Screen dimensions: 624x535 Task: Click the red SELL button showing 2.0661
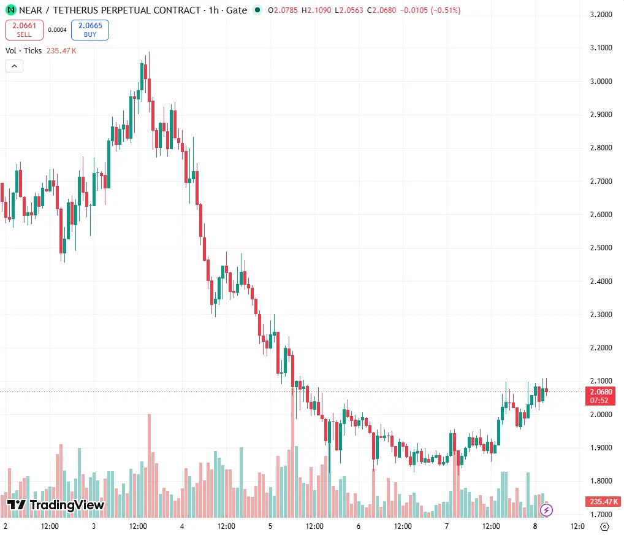[x=25, y=30]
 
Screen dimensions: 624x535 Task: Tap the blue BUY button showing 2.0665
[x=90, y=30]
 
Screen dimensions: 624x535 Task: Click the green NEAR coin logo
[x=11, y=10]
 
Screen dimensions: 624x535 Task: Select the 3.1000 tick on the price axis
[x=601, y=48]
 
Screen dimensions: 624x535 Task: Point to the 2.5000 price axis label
[x=601, y=248]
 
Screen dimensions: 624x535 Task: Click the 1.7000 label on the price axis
[x=601, y=514]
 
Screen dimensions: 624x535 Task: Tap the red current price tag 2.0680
[x=601, y=396]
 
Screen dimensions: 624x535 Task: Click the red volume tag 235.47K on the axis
[x=603, y=501]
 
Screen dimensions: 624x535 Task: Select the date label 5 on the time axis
[x=270, y=526]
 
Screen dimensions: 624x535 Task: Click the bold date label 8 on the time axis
[x=535, y=526]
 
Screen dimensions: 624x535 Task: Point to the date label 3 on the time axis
[x=94, y=526]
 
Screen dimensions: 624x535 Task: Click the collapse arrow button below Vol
[x=14, y=66]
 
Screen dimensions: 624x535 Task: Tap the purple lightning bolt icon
[x=546, y=510]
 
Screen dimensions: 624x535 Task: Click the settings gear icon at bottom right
[x=604, y=526]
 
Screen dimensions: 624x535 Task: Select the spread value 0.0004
[x=57, y=30]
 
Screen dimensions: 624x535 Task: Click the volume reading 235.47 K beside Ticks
[x=61, y=50]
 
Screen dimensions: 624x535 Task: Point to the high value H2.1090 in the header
[x=316, y=10]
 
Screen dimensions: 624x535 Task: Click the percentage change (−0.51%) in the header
[x=445, y=10]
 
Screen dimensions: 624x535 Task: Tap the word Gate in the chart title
[x=237, y=10]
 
